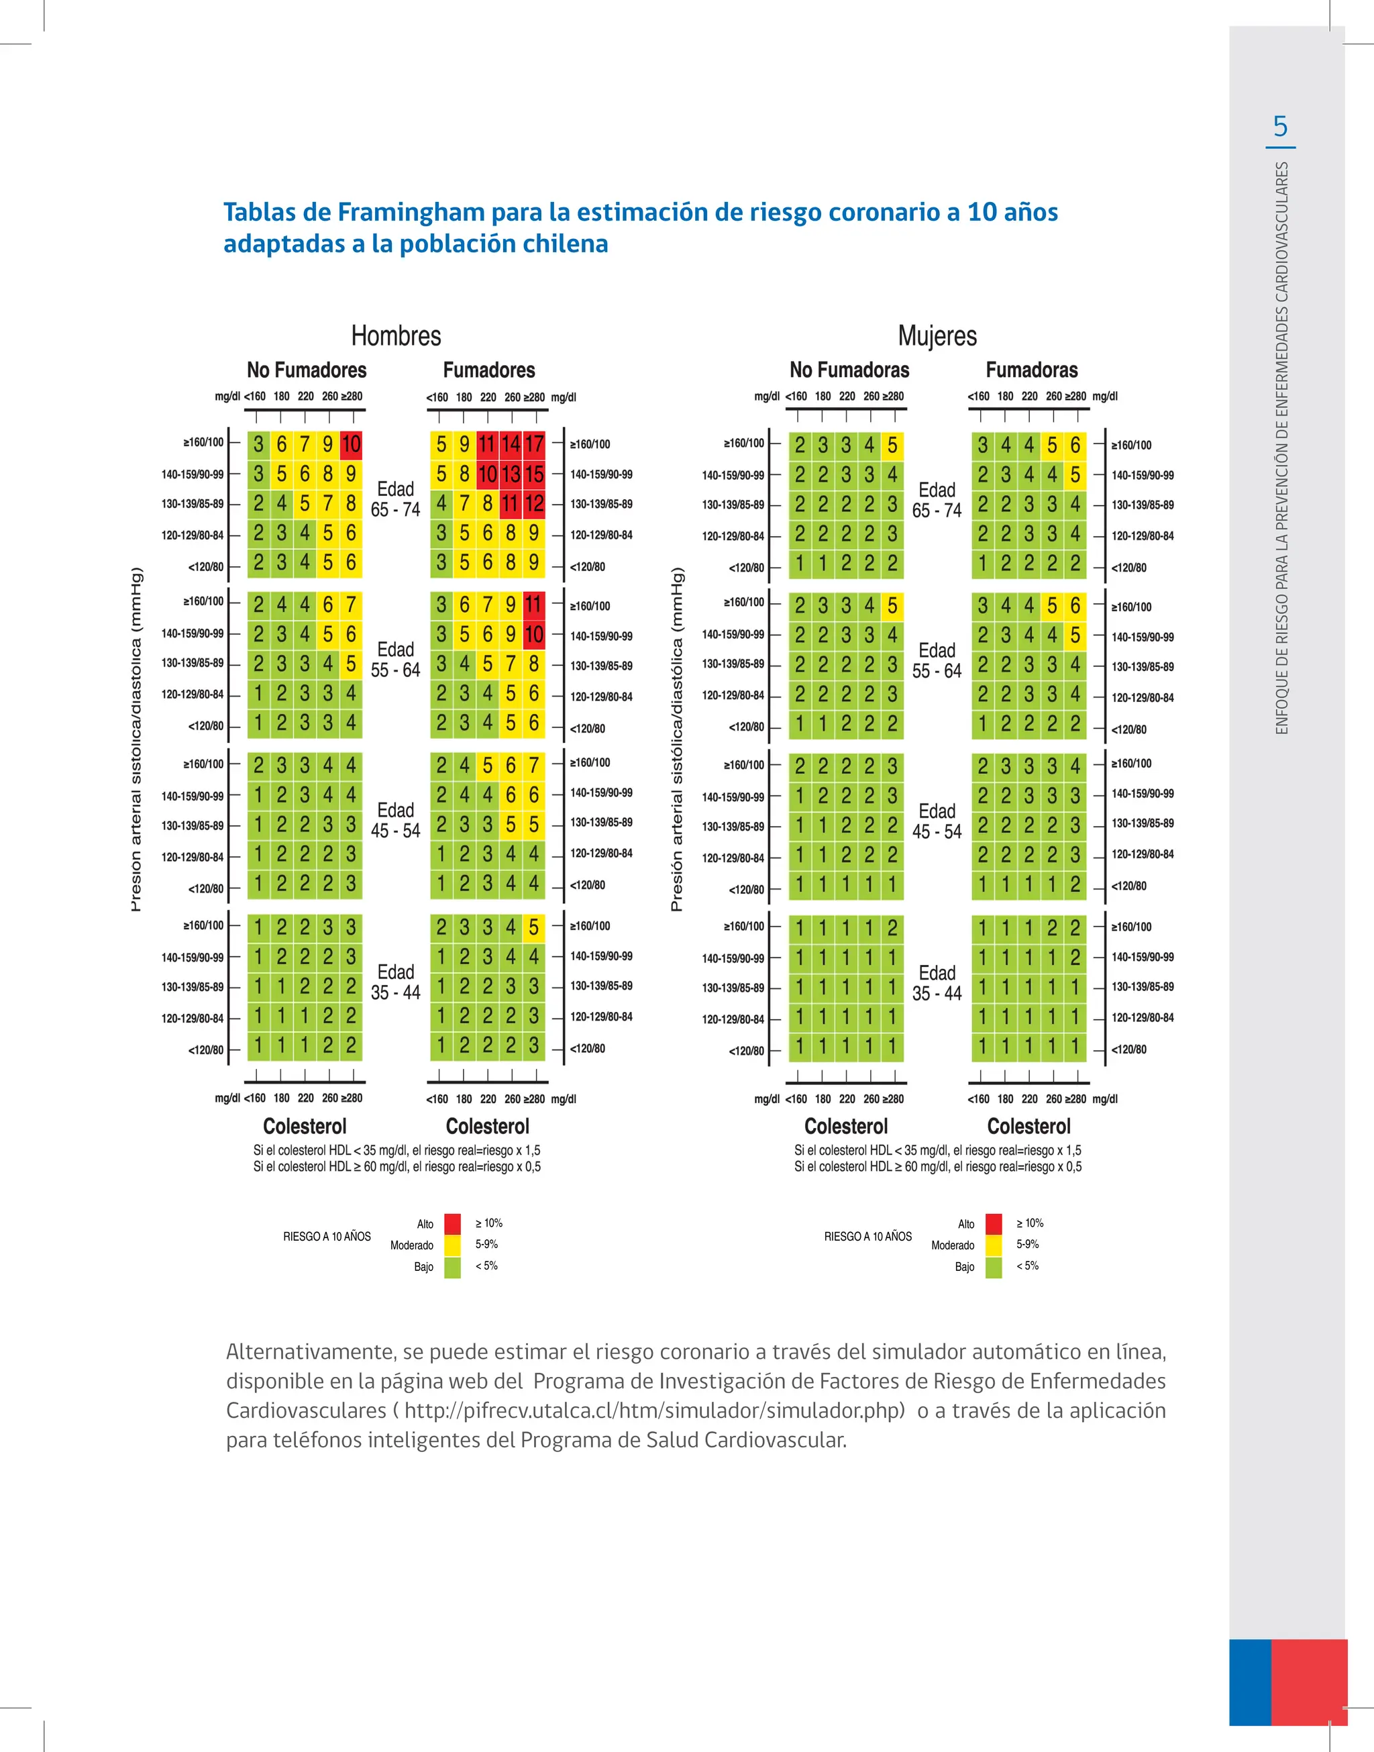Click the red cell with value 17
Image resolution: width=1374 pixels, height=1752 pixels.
[x=534, y=444]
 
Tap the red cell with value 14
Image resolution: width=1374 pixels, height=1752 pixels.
[x=511, y=444]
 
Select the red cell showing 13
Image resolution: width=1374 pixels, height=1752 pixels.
[x=511, y=474]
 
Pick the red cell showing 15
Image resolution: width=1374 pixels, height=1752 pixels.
[x=534, y=474]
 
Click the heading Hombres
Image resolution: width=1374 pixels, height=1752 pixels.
[x=396, y=336]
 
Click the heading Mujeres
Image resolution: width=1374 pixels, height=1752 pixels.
[x=937, y=336]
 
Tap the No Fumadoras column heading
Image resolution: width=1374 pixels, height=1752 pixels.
[x=849, y=370]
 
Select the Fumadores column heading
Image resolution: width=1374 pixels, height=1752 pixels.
[x=488, y=370]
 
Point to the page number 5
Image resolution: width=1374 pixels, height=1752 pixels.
[x=1280, y=126]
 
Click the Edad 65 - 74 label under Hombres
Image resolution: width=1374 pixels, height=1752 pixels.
[x=395, y=499]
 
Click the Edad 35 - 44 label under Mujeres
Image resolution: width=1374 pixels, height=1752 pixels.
[x=937, y=983]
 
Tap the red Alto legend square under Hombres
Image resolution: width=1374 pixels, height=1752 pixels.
[x=453, y=1223]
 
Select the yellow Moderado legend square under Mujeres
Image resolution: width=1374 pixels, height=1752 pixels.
[x=994, y=1245]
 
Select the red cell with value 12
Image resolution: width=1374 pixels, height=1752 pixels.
[x=534, y=505]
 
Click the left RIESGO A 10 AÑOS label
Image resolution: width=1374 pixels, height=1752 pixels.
[x=327, y=1237]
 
